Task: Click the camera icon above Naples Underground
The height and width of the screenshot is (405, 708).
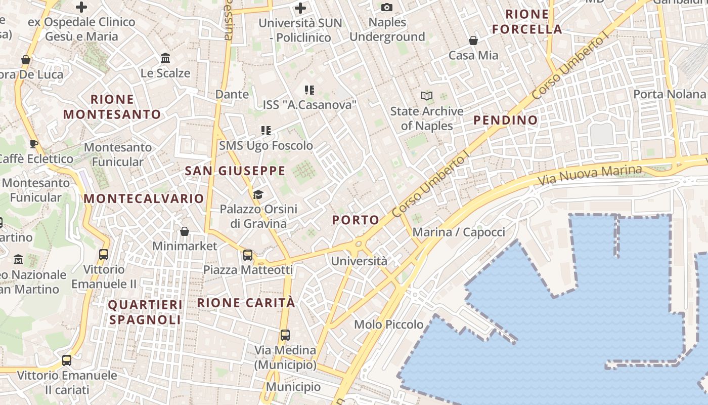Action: pos(387,7)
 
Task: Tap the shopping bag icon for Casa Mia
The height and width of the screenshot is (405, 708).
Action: pos(473,40)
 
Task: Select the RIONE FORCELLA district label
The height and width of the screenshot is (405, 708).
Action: pos(527,22)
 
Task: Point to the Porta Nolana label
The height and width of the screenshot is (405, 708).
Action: pos(669,94)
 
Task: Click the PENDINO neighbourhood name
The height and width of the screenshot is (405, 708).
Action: pos(505,120)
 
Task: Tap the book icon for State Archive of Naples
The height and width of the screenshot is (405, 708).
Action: pos(427,96)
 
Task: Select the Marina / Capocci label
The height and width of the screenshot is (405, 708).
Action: pos(459,232)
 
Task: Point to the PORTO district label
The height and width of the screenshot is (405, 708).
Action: pos(356,220)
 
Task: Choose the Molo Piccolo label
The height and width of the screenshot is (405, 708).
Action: pos(388,325)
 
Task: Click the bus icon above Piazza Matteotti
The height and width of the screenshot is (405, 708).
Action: pos(248,255)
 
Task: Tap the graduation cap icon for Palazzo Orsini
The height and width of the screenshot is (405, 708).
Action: pos(258,194)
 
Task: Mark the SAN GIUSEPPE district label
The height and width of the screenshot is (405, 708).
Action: pos(235,171)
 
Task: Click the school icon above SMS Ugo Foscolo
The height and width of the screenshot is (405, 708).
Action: pos(266,131)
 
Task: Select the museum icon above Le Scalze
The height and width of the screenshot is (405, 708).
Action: pos(165,58)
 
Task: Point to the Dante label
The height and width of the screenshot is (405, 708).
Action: pos(232,94)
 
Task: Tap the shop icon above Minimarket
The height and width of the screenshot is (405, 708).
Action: pos(185,231)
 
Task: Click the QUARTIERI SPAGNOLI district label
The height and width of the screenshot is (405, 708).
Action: pos(145,312)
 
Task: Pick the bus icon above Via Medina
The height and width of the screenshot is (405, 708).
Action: pos(285,335)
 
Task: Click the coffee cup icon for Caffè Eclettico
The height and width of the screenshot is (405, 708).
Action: pos(34,144)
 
